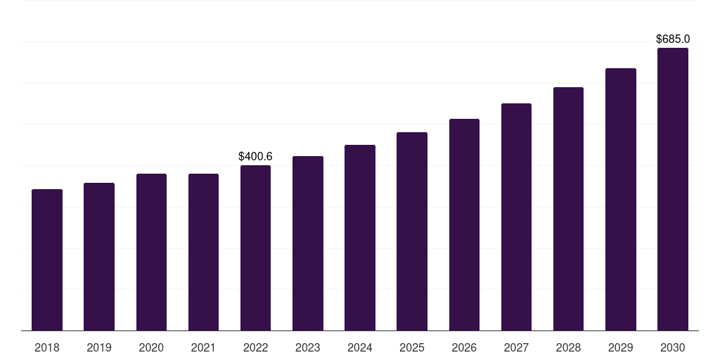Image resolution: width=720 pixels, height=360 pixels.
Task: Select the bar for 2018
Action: (47, 259)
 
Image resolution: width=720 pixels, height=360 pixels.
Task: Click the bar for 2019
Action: (99, 257)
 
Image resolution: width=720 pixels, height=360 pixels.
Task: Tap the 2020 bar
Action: (151, 252)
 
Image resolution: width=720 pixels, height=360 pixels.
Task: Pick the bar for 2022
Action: (255, 247)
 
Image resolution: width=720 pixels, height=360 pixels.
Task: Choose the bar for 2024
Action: (360, 238)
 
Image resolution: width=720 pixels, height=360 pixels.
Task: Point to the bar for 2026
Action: (464, 224)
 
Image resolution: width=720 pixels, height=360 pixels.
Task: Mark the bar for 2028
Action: (568, 209)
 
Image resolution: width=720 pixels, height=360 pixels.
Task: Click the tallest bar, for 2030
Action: (672, 189)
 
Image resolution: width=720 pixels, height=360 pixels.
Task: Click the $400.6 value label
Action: (255, 156)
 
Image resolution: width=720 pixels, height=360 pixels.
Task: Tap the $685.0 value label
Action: (673, 39)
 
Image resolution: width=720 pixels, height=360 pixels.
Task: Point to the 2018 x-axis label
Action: (47, 347)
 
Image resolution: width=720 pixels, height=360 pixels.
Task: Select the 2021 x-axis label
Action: (203, 347)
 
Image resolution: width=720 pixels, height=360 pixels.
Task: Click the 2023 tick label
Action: (308, 347)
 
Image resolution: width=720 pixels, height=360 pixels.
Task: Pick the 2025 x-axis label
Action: (412, 347)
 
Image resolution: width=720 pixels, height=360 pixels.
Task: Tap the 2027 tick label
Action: (516, 347)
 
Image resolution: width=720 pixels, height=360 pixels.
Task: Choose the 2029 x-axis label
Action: (620, 347)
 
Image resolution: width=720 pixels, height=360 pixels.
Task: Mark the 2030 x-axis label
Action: (672, 347)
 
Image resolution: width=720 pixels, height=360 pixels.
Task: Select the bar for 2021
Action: (203, 252)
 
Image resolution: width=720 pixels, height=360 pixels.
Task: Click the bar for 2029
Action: (620, 199)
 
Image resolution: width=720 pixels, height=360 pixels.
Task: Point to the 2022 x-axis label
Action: (255, 347)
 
